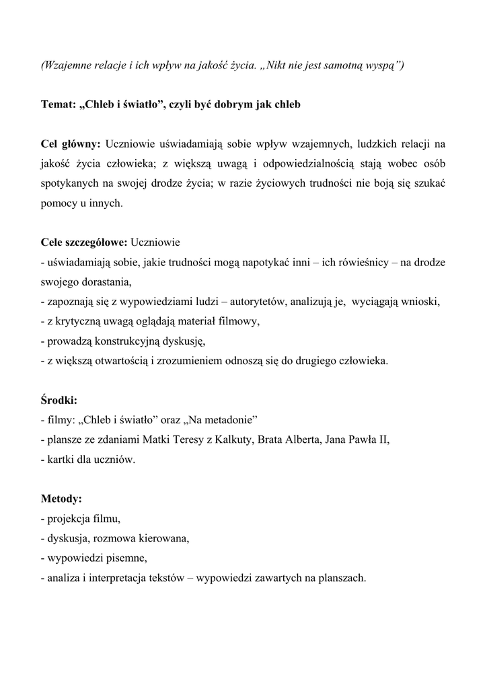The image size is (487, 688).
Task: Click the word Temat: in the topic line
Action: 58,105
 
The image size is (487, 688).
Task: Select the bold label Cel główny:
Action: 71,144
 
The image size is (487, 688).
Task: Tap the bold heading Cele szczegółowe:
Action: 83,242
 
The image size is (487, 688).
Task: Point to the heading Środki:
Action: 59,400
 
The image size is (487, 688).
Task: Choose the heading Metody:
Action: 61,499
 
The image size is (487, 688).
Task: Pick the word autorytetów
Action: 254,302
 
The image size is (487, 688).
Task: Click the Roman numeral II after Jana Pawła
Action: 383,440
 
